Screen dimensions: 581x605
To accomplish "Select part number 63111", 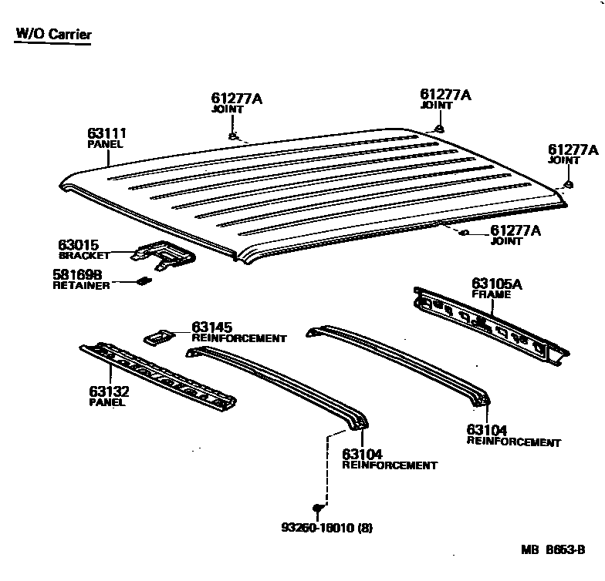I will pos(107,134).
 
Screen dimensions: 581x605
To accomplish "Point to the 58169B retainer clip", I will pos(143,281).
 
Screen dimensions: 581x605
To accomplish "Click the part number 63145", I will pos(211,327).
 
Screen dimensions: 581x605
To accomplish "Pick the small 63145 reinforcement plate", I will pos(158,335).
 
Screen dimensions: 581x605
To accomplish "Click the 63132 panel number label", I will pos(109,391).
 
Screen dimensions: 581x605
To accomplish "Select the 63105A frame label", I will pos(497,284).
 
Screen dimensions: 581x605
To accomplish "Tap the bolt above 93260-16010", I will pos(317,508).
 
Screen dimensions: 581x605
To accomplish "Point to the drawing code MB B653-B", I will pos(553,550).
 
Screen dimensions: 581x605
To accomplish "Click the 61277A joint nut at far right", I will pos(568,184).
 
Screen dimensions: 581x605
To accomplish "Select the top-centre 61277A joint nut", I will pos(438,128).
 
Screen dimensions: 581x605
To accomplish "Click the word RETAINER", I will pos(81,285).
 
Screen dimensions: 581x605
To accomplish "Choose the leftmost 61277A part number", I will pos(236,99).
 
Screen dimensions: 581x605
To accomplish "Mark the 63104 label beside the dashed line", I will pos(362,455).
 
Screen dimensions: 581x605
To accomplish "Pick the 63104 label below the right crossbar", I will pos(486,431).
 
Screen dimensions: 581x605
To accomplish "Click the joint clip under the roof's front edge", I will pos(465,232).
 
